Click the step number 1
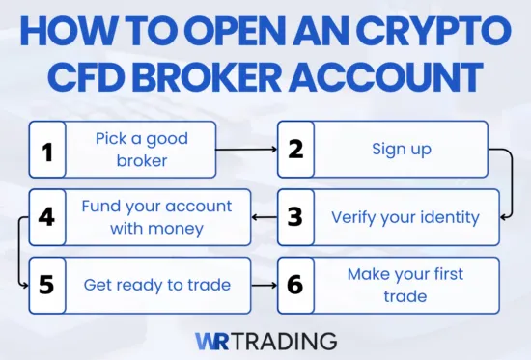pyautogui.click(x=47, y=150)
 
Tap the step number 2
pyautogui.click(x=295, y=150)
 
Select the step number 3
pyautogui.click(x=295, y=217)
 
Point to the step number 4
pyautogui.click(x=47, y=217)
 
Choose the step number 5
pyautogui.click(x=47, y=285)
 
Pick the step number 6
pyautogui.click(x=295, y=285)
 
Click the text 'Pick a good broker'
pyautogui.click(x=141, y=150)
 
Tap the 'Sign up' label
pyautogui.click(x=403, y=150)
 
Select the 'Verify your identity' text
pyautogui.click(x=405, y=217)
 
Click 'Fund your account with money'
pyautogui.click(x=156, y=216)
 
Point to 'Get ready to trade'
pyautogui.click(x=156, y=285)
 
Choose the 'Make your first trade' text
pyautogui.click(x=405, y=285)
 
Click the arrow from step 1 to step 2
pyautogui.click(x=246, y=151)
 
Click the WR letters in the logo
pyautogui.click(x=212, y=341)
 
